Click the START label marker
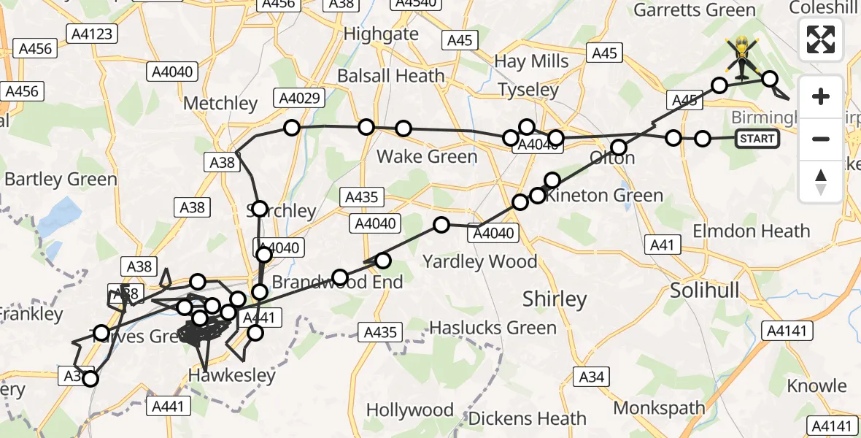click(757, 138)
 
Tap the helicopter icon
click(742, 56)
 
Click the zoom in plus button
click(821, 96)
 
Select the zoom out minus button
click(821, 139)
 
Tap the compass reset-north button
click(821, 181)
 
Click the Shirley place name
click(555, 299)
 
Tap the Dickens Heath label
click(527, 418)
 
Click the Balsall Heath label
click(390, 76)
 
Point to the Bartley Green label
click(61, 179)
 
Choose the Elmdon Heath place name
click(751, 231)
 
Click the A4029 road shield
click(296, 97)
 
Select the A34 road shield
click(592, 376)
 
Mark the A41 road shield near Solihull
click(662, 246)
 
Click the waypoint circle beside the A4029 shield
click(292, 128)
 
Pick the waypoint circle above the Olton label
click(619, 146)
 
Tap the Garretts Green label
click(694, 10)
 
